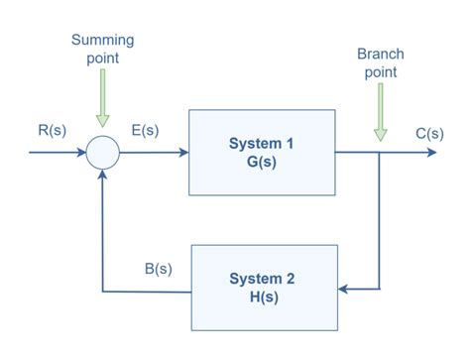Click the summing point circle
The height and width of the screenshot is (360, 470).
point(102,154)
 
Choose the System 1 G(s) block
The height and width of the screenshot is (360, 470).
point(262,153)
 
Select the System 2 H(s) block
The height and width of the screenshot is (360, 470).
point(262,288)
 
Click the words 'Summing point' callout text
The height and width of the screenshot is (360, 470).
point(102,49)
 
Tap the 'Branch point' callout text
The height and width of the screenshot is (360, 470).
point(381,63)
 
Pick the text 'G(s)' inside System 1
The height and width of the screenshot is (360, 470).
point(262,163)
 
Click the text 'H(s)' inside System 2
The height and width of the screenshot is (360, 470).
point(262,298)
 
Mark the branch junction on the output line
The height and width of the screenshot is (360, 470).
point(380,154)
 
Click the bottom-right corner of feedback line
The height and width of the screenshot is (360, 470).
point(380,289)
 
